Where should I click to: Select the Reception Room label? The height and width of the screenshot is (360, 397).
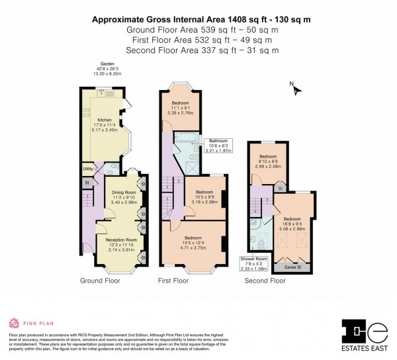point(121,240)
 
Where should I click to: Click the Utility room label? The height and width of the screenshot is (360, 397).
point(87,169)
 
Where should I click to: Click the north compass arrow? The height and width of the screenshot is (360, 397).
point(296,89)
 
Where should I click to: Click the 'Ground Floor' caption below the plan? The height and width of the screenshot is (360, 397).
point(100,281)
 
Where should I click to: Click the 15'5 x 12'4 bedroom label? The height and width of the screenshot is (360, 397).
point(193,238)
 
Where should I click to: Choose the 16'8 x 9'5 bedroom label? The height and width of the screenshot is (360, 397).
point(292,218)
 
